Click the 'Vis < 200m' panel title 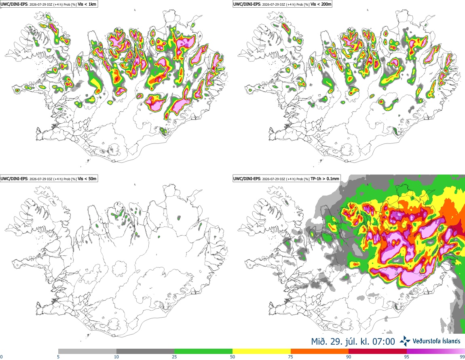(x=321, y=4)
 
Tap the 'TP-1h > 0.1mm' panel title (x=325, y=179)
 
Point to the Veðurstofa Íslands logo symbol (x=405, y=341)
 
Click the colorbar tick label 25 (x=174, y=357)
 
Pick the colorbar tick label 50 (x=232, y=357)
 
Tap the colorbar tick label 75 (x=291, y=357)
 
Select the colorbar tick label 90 (x=349, y=357)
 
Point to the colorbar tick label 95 (x=407, y=357)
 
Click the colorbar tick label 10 (x=116, y=357)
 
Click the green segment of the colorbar (x=203, y=352)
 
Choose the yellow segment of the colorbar (x=262, y=352)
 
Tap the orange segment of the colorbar (x=320, y=352)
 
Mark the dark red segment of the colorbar (x=378, y=352)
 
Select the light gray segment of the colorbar (x=87, y=352)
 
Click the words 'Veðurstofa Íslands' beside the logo (x=437, y=341)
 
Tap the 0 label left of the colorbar (x=1, y=357)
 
